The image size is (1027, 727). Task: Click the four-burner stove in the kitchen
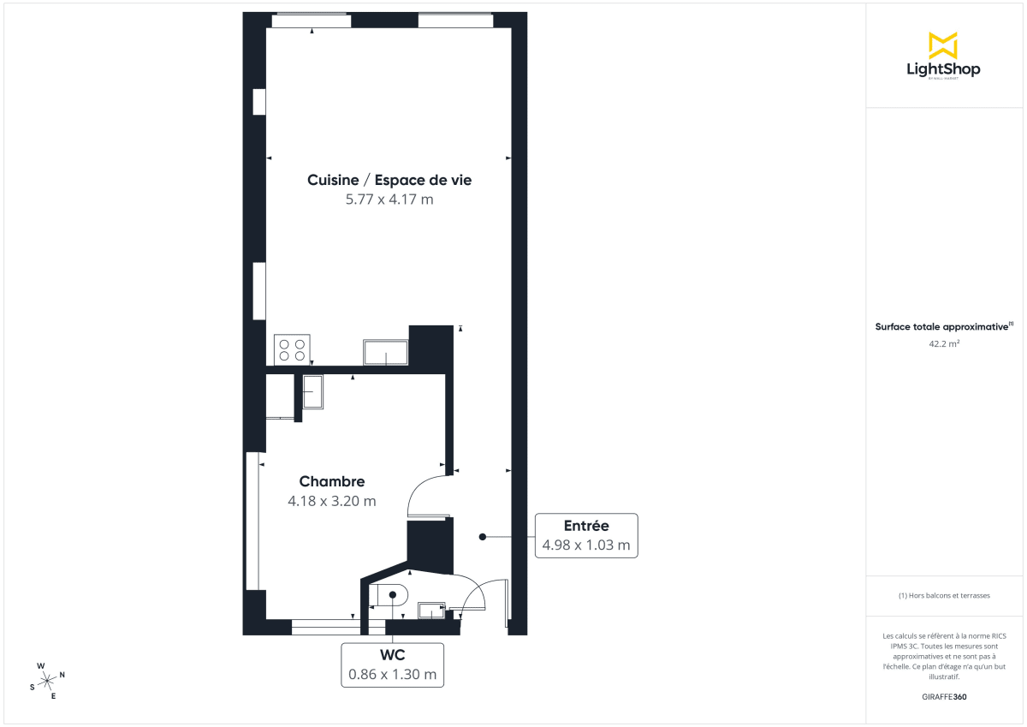(x=292, y=349)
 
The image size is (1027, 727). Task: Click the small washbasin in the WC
(x=431, y=610)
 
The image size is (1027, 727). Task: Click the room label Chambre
(x=332, y=482)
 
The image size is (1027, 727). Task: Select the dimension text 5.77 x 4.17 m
(x=389, y=200)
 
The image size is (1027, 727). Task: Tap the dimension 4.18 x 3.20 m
(x=332, y=501)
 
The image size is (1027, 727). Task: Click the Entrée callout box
(x=586, y=535)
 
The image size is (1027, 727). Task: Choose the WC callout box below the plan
(x=393, y=664)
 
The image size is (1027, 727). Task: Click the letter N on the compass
(x=62, y=675)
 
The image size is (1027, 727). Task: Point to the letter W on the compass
(x=40, y=665)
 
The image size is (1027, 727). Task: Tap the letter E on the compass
(x=53, y=695)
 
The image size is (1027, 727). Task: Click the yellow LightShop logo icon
(x=943, y=45)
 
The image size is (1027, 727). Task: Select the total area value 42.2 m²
(x=943, y=343)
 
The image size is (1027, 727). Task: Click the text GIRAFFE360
(x=943, y=697)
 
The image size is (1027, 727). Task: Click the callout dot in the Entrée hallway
(x=482, y=537)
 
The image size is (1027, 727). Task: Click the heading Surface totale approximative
(x=941, y=326)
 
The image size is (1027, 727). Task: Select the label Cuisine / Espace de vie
(x=389, y=181)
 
